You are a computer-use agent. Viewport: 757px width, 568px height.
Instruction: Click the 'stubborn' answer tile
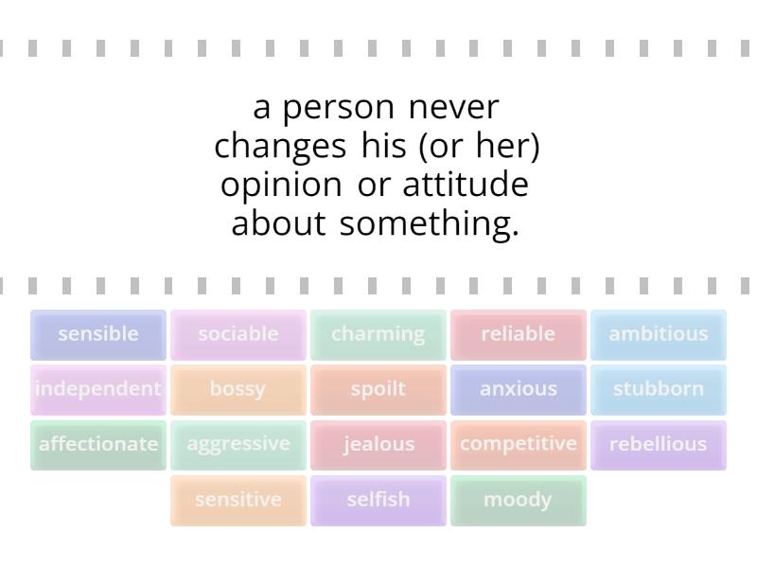[659, 389]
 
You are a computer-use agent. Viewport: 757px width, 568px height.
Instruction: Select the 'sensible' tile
[98, 334]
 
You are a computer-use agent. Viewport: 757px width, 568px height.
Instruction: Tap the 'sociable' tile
[238, 334]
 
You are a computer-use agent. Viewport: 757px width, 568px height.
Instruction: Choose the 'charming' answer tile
[378, 334]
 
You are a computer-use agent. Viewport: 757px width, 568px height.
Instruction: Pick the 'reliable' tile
[519, 334]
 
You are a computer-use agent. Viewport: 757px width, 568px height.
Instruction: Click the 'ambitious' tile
[659, 334]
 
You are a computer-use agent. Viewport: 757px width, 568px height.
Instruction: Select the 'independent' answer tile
[98, 389]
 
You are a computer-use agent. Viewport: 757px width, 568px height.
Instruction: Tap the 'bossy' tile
[238, 389]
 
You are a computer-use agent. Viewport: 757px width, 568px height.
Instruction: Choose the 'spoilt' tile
[378, 389]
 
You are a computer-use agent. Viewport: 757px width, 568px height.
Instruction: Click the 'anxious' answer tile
[519, 389]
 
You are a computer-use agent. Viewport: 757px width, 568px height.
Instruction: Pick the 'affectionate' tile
[98, 444]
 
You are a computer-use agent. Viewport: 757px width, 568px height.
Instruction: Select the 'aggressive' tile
[238, 444]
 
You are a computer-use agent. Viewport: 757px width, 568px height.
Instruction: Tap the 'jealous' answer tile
[378, 444]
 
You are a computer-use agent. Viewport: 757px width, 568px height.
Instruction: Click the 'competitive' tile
[519, 444]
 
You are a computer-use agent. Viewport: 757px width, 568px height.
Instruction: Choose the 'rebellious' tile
[659, 444]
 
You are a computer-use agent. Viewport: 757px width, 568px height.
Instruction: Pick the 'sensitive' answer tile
[238, 499]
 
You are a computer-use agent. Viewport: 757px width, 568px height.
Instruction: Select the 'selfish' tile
[378, 499]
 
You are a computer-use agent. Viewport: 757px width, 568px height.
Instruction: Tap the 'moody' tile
[519, 499]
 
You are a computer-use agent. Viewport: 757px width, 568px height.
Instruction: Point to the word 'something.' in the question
[430, 224]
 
